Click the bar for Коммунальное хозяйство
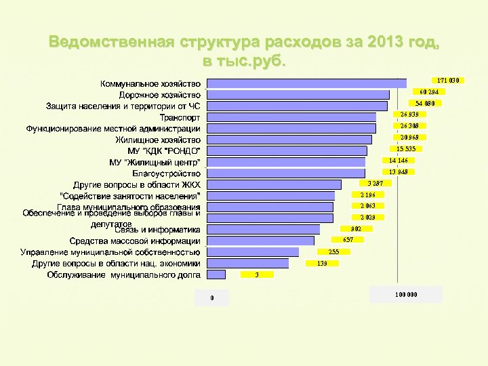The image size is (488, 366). pos(306,83)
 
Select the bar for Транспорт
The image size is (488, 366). pos(291,117)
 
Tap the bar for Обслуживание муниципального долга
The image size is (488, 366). pos(216,274)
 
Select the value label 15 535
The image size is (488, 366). pos(405,148)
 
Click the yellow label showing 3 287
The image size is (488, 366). pos(375,184)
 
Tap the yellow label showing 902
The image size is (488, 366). pos(356,229)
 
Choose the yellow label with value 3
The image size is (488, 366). pos(257,274)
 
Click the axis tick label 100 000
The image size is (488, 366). pos(406,295)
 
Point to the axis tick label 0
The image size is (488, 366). pos(211,298)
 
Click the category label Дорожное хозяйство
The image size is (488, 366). pos(160,95)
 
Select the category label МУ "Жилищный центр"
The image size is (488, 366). pos(155,163)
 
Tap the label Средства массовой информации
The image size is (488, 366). pos(135,241)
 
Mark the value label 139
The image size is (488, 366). pos(322,263)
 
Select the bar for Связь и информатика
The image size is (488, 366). pos(263,229)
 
